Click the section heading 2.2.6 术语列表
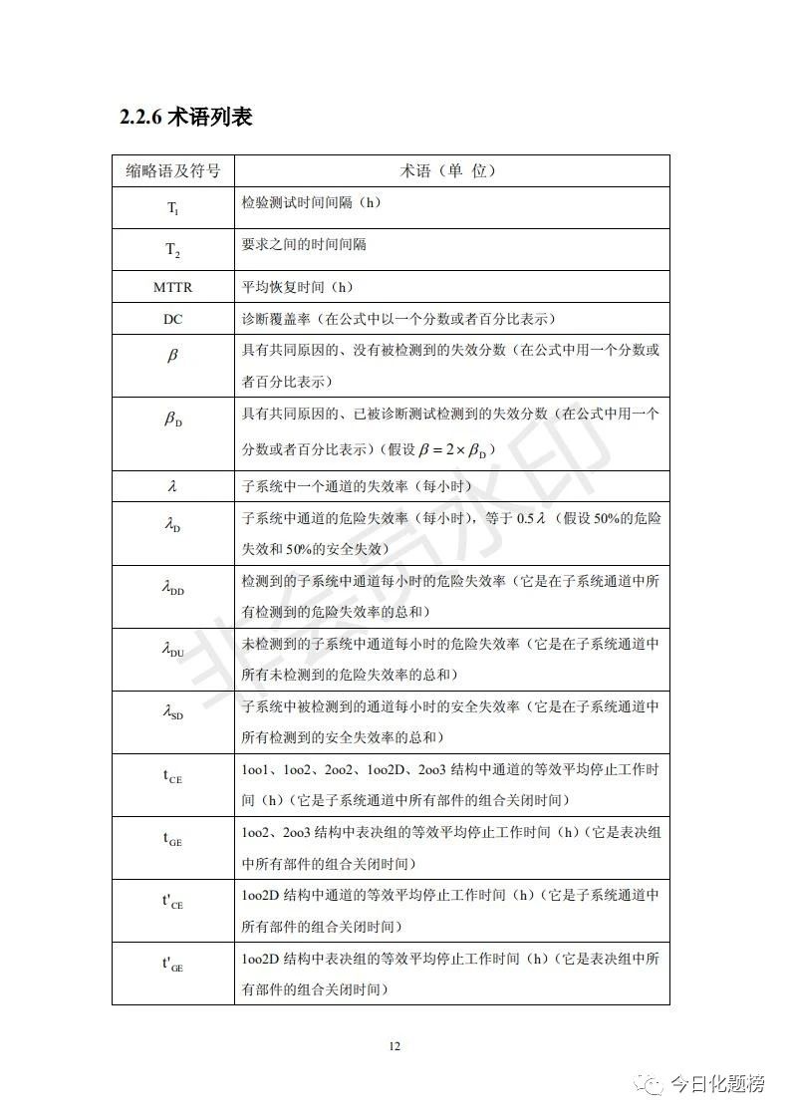[x=185, y=118]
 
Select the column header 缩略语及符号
[x=172, y=170]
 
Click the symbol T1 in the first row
[x=172, y=208]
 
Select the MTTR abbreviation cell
[x=172, y=287]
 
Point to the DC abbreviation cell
[x=172, y=319]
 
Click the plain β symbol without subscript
[x=172, y=355]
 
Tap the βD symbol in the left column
[x=172, y=420]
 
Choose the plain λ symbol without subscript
[x=172, y=487]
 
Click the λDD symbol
[x=172, y=589]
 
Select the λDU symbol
[x=172, y=652]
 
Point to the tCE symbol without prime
[x=172, y=777]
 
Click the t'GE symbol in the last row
[x=172, y=965]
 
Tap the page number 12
[x=395, y=1046]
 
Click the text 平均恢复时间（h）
[x=298, y=287]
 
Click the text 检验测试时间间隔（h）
[x=311, y=202]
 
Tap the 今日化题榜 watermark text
[x=716, y=1084]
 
